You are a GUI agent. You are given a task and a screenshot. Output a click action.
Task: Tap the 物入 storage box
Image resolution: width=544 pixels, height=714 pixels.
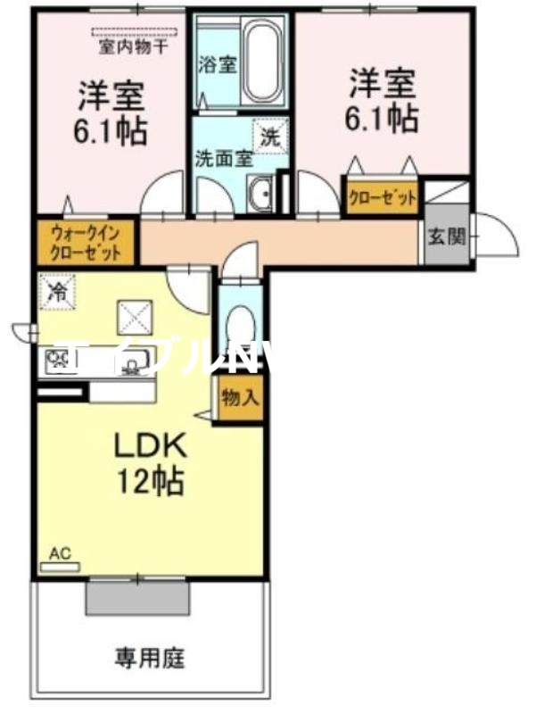point(240,395)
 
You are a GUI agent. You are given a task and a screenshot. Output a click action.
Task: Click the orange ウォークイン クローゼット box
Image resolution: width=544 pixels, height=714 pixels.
point(86,242)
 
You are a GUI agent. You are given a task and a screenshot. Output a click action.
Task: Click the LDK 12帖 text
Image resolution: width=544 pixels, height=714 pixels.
point(148,465)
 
